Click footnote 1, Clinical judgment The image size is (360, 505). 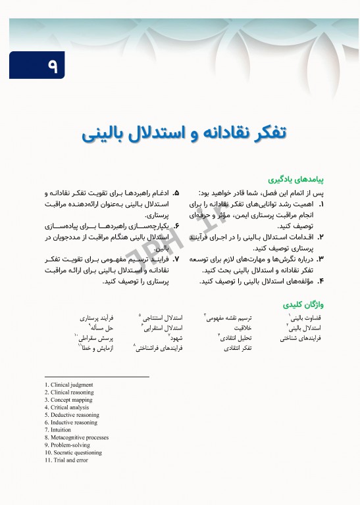click(68, 384)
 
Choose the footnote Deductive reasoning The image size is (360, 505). click(72, 416)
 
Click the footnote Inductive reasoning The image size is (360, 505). click(71, 423)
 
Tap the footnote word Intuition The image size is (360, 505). click(60, 431)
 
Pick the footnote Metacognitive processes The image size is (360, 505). click(76, 438)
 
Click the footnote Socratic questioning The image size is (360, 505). click(73, 453)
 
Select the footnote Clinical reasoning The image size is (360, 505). click(69, 392)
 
